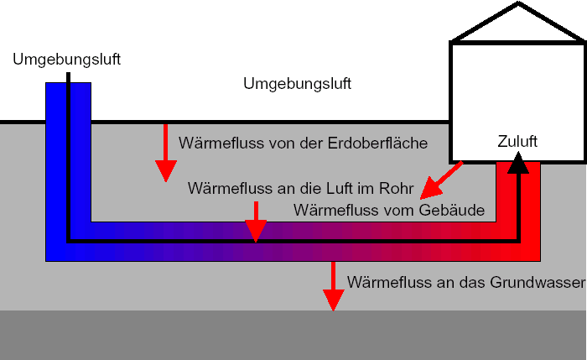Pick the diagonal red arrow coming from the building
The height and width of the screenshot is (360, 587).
point(441,180)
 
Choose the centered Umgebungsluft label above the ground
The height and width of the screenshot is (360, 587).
point(297,84)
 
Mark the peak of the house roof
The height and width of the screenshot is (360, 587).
point(518,4)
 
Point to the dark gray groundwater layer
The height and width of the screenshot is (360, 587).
point(293,336)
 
